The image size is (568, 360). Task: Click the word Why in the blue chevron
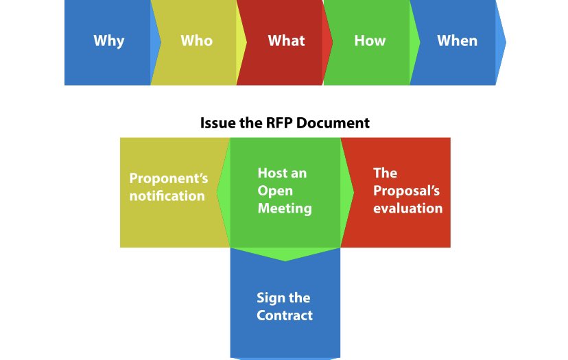coord(109,40)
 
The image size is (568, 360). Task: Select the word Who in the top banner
coord(196,40)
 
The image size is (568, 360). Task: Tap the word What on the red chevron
coord(286,40)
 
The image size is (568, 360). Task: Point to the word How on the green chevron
coord(370,40)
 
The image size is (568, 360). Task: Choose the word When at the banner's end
coord(457,40)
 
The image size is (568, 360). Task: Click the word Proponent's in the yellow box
coord(169,179)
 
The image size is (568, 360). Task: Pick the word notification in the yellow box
coord(167,196)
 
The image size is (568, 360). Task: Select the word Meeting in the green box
coord(285,208)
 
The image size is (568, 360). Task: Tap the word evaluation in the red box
coord(407,208)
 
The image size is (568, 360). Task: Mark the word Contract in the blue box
coord(285,315)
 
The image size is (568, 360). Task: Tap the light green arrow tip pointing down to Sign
coord(285,254)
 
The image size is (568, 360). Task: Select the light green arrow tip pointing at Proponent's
coord(223,192)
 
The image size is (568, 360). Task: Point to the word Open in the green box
coord(275,191)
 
